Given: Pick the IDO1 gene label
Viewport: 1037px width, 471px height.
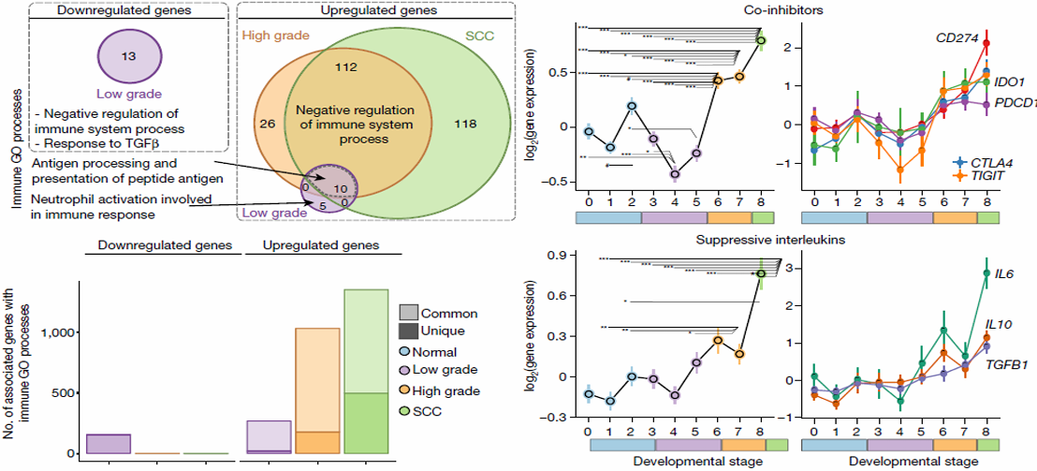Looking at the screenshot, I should click(x=1009, y=82).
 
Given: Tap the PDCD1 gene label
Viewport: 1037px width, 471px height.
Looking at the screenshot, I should click(x=1014, y=101).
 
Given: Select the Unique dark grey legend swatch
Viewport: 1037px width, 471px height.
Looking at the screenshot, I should click(x=408, y=332).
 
